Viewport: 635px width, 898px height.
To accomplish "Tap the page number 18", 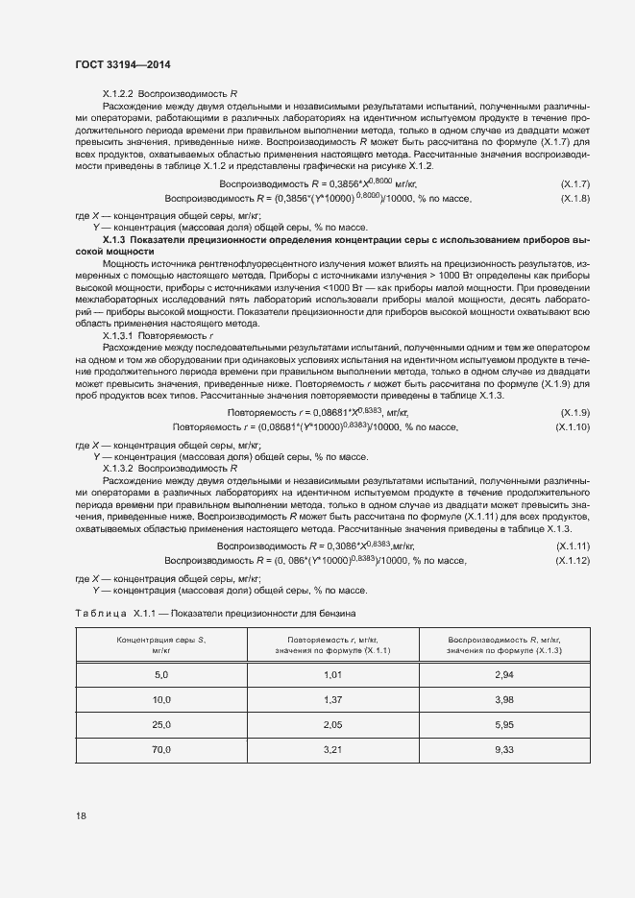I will pos(82,816).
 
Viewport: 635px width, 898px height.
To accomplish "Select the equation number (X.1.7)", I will pos(575,183).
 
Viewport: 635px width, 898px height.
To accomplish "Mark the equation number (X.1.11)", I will pos(574,546).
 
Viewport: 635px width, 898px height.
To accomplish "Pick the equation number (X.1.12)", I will pos(574,560).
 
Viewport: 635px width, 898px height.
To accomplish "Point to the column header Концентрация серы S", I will pos(160,640).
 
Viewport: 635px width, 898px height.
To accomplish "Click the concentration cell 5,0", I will pos(160,675).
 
